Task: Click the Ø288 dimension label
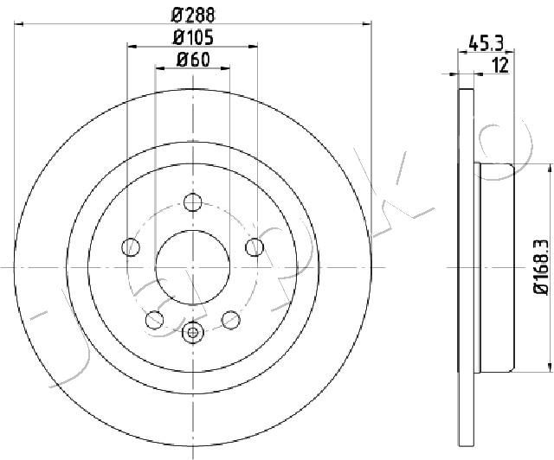click(193, 16)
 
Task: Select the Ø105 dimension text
click(193, 38)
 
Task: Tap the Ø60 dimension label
click(193, 60)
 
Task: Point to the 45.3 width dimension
click(486, 43)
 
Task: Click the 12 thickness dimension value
click(500, 66)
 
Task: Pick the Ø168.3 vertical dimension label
click(542, 266)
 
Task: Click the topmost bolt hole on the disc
click(192, 202)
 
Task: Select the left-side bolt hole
click(131, 247)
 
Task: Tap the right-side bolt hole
click(254, 247)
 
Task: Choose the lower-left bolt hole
click(154, 320)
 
